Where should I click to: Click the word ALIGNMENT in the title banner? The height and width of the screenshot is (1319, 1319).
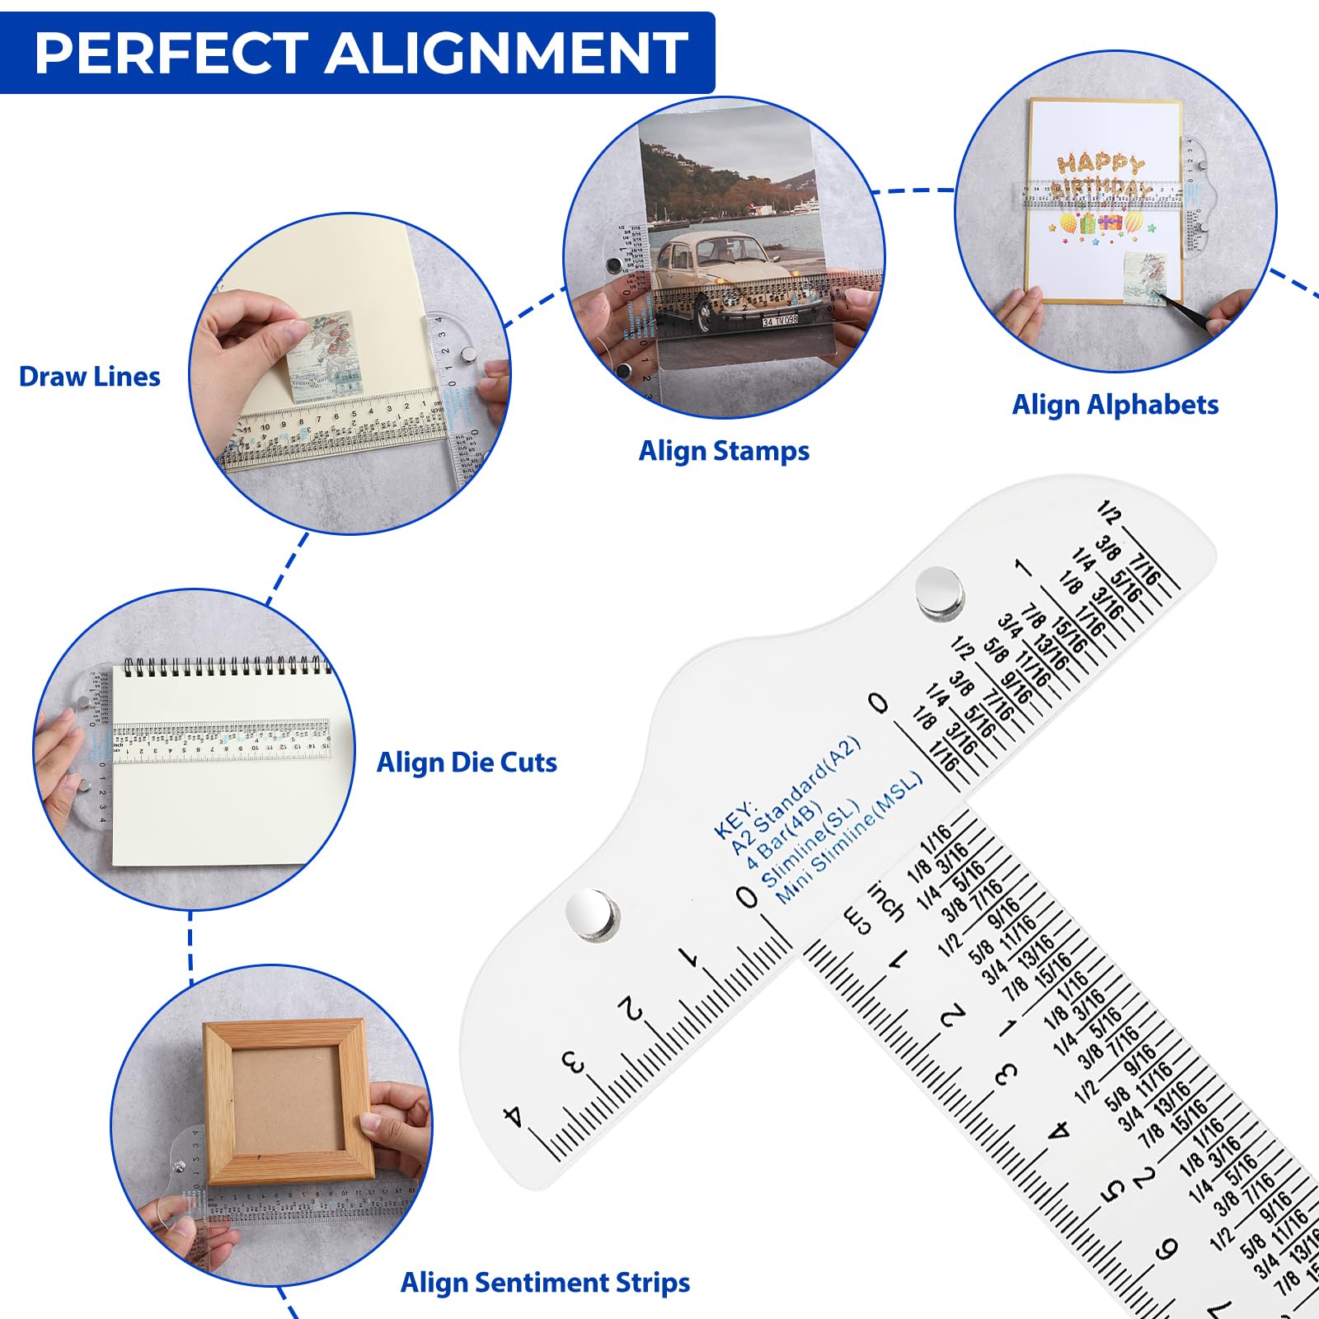tap(506, 53)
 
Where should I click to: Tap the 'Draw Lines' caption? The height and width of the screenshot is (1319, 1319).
tap(89, 377)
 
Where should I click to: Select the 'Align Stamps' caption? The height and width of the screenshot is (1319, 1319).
tap(724, 451)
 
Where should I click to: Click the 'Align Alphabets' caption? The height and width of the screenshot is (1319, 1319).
tap(1115, 405)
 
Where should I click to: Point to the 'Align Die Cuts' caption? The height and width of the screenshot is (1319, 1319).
tap(467, 763)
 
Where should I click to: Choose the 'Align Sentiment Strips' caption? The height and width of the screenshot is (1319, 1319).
tap(545, 1283)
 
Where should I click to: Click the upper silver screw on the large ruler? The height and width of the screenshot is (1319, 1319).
tap(940, 591)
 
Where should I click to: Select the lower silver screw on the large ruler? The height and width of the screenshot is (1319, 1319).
tap(592, 913)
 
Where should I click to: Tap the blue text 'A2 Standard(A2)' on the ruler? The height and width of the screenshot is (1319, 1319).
tap(796, 796)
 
